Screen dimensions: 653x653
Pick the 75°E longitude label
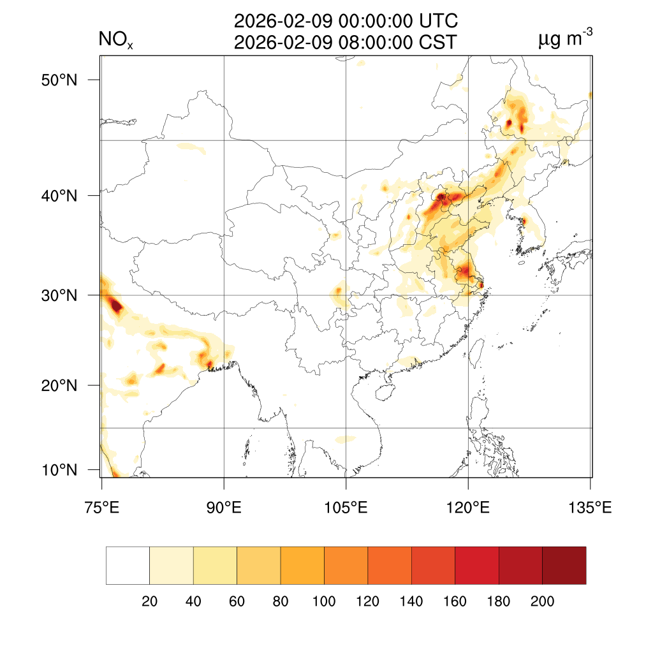click(x=101, y=508)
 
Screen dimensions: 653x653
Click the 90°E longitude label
click(x=224, y=508)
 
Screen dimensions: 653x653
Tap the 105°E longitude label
click(x=346, y=508)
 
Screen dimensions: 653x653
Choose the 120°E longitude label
click(x=468, y=508)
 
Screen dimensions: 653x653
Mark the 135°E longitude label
click(x=590, y=508)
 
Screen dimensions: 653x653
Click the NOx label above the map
click(x=115, y=41)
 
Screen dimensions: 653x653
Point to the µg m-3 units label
click(x=566, y=40)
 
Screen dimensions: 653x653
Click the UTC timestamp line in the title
click(x=346, y=22)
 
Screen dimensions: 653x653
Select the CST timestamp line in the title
click(x=346, y=42)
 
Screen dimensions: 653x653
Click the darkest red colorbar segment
click(x=564, y=565)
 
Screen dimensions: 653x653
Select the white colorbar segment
click(x=128, y=565)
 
